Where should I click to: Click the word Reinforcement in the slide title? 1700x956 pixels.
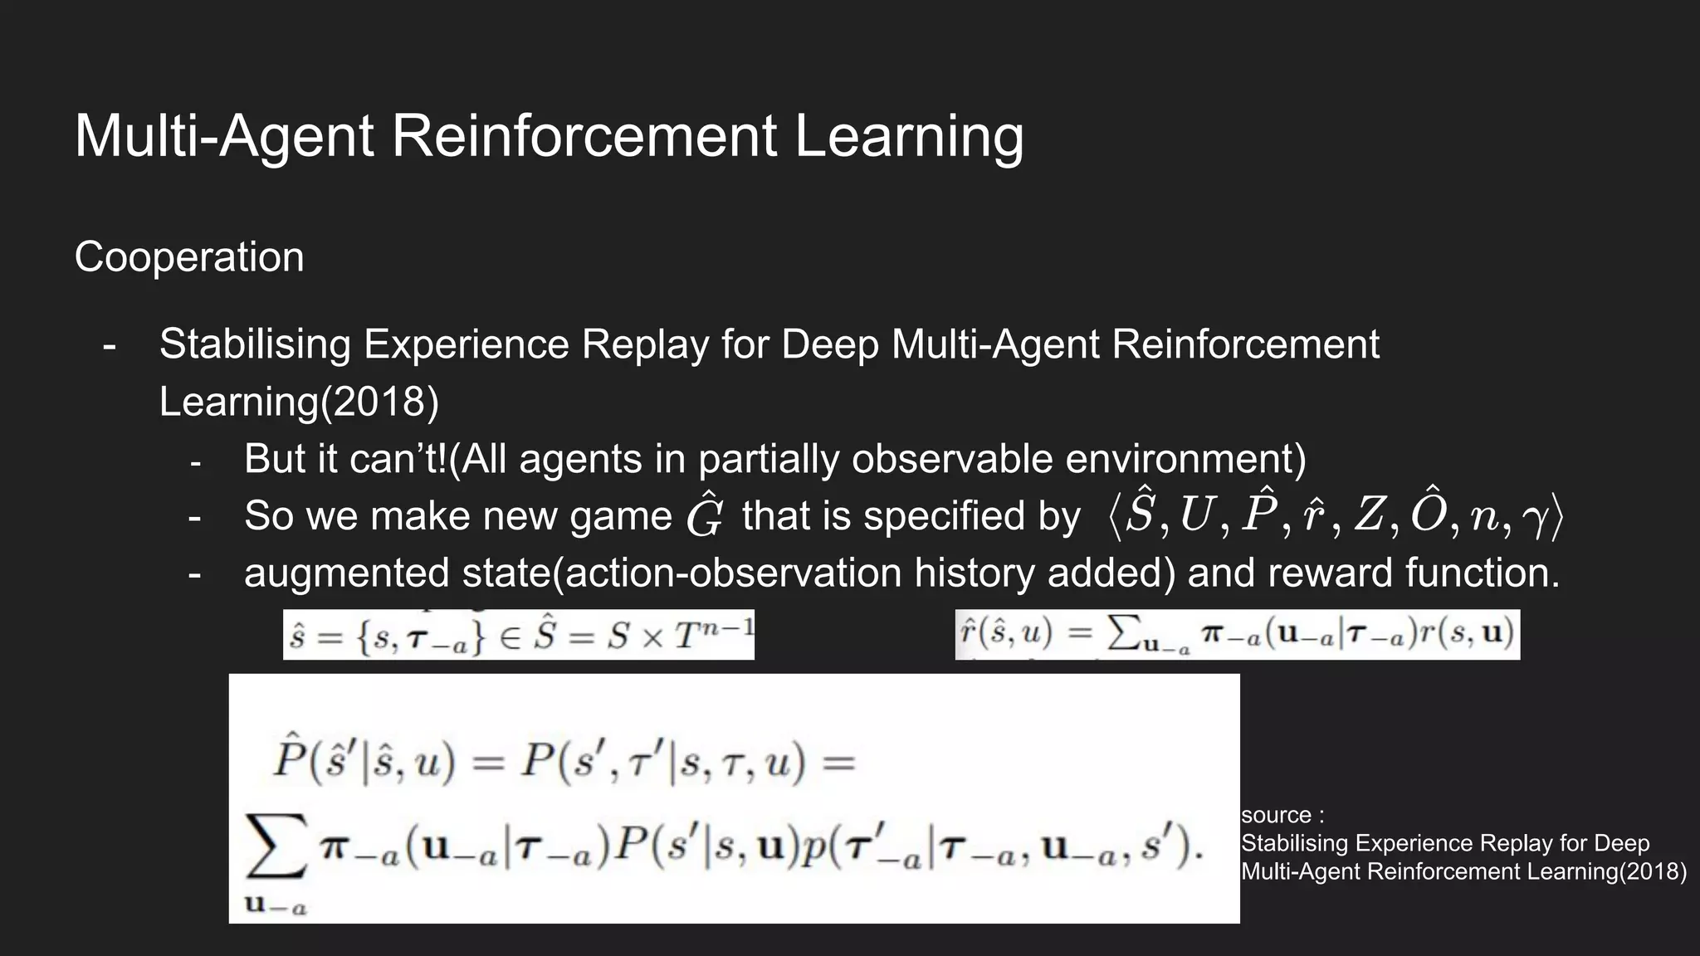[x=584, y=135]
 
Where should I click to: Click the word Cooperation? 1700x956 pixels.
[x=189, y=257]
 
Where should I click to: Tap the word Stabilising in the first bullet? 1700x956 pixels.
[x=255, y=344]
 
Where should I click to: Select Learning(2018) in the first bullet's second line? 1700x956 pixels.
[x=299, y=402]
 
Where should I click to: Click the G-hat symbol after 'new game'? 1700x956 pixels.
[x=705, y=515]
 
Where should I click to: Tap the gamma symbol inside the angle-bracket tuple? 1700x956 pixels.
[x=1536, y=516]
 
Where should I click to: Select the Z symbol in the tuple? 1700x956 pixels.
[x=1369, y=515]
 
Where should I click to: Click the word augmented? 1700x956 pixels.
[x=347, y=573]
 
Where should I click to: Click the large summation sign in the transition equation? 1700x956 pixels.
[x=276, y=847]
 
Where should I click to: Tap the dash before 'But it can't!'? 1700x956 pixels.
[x=195, y=461]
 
